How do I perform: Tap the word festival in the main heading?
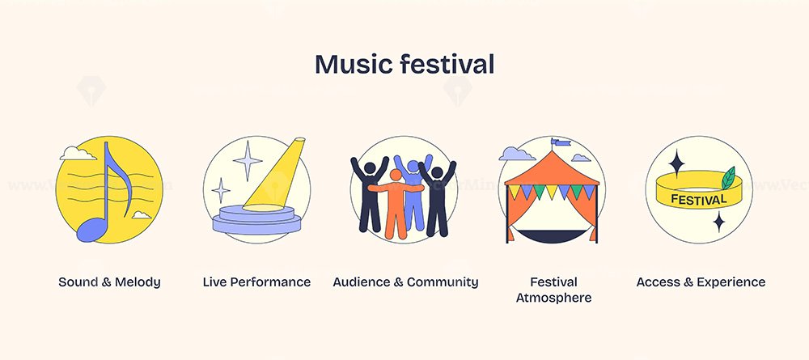click(x=447, y=64)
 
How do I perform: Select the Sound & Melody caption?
click(x=109, y=282)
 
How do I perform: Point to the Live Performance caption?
click(x=256, y=282)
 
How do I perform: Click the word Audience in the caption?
click(x=362, y=282)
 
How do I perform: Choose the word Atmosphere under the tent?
click(x=553, y=298)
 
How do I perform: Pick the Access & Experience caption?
click(x=701, y=282)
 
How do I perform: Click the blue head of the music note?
click(x=91, y=229)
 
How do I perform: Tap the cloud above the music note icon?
click(x=78, y=153)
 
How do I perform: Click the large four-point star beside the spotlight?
click(x=248, y=160)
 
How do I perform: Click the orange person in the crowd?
click(x=396, y=203)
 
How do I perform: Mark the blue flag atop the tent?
click(x=561, y=142)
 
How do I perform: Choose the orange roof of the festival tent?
click(x=552, y=168)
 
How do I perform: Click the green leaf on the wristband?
click(x=728, y=177)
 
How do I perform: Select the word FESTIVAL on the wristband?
click(x=699, y=199)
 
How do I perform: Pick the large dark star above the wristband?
click(x=676, y=163)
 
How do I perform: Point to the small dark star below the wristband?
click(x=718, y=222)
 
